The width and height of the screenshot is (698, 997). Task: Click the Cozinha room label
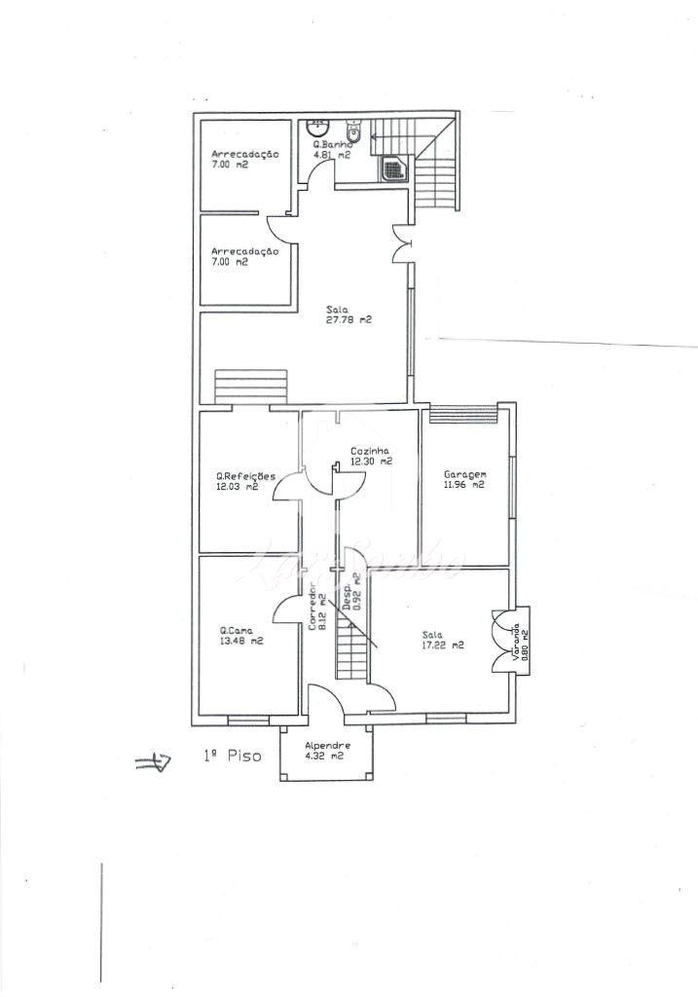[x=370, y=451]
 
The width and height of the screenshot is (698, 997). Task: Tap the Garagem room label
[x=464, y=474]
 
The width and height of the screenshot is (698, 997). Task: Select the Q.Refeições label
[x=245, y=476]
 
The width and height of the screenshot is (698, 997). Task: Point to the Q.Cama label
[x=237, y=631]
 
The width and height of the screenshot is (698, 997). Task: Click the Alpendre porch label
[x=327, y=746]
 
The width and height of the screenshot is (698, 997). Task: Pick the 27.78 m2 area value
[x=349, y=319]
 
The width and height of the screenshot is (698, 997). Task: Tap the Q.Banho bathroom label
[x=333, y=144]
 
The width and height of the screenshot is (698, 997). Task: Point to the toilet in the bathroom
[x=355, y=130]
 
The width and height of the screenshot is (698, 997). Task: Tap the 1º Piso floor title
[x=232, y=756]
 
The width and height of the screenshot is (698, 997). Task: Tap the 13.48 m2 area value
[x=241, y=641]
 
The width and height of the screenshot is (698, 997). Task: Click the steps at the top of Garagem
[x=462, y=413]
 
